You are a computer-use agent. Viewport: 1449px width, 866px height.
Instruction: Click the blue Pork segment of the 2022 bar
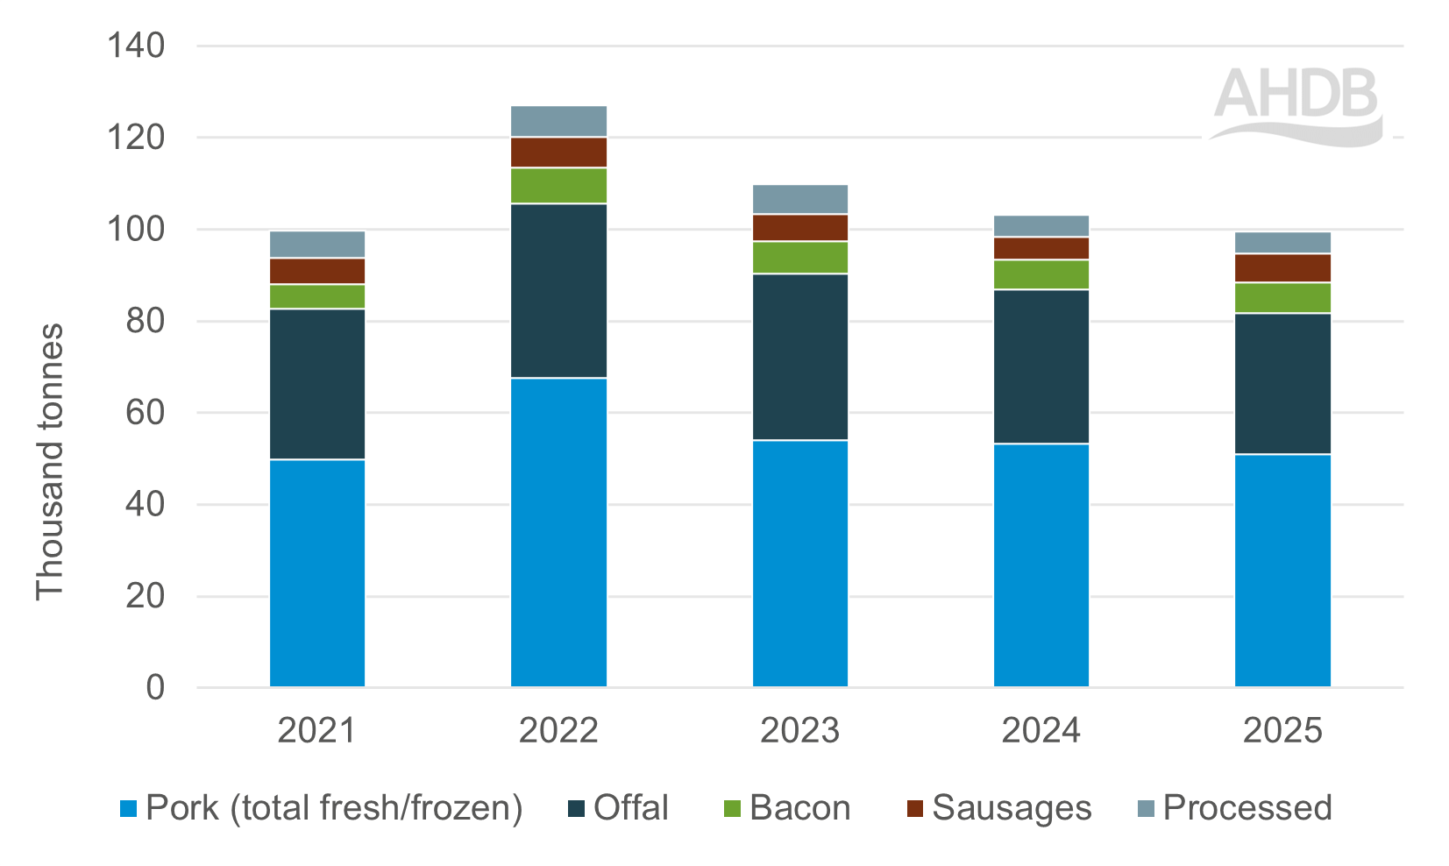click(x=558, y=532)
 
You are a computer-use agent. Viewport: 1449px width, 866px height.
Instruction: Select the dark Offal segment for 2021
click(x=317, y=384)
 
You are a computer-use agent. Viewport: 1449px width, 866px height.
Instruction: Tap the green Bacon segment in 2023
click(x=800, y=258)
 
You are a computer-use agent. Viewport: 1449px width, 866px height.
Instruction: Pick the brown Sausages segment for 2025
click(x=1282, y=268)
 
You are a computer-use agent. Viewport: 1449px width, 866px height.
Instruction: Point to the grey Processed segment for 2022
click(x=558, y=121)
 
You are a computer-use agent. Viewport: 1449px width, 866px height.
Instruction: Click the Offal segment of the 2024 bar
click(x=1041, y=366)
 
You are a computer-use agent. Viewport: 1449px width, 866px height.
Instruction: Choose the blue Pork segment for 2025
click(x=1282, y=571)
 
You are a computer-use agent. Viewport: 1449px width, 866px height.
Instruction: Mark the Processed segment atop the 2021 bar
click(x=317, y=245)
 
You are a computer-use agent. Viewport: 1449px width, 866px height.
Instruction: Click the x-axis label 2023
click(x=799, y=730)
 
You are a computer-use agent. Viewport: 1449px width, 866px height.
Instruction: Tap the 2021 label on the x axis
click(x=316, y=730)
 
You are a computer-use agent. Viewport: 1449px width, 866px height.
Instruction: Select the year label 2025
click(x=1282, y=730)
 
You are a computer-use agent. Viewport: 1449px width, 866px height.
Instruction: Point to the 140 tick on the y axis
click(x=136, y=46)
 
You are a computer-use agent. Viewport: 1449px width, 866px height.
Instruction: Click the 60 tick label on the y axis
click(x=145, y=413)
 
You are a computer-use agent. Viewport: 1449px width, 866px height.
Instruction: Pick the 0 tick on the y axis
click(x=155, y=688)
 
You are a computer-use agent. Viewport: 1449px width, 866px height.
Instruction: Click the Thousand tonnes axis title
click(x=50, y=462)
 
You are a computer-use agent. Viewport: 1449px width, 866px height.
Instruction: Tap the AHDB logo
click(x=1296, y=105)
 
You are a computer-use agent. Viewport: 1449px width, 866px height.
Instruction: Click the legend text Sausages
click(x=1012, y=808)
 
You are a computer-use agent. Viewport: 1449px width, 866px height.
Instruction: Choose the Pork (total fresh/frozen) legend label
click(x=334, y=808)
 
